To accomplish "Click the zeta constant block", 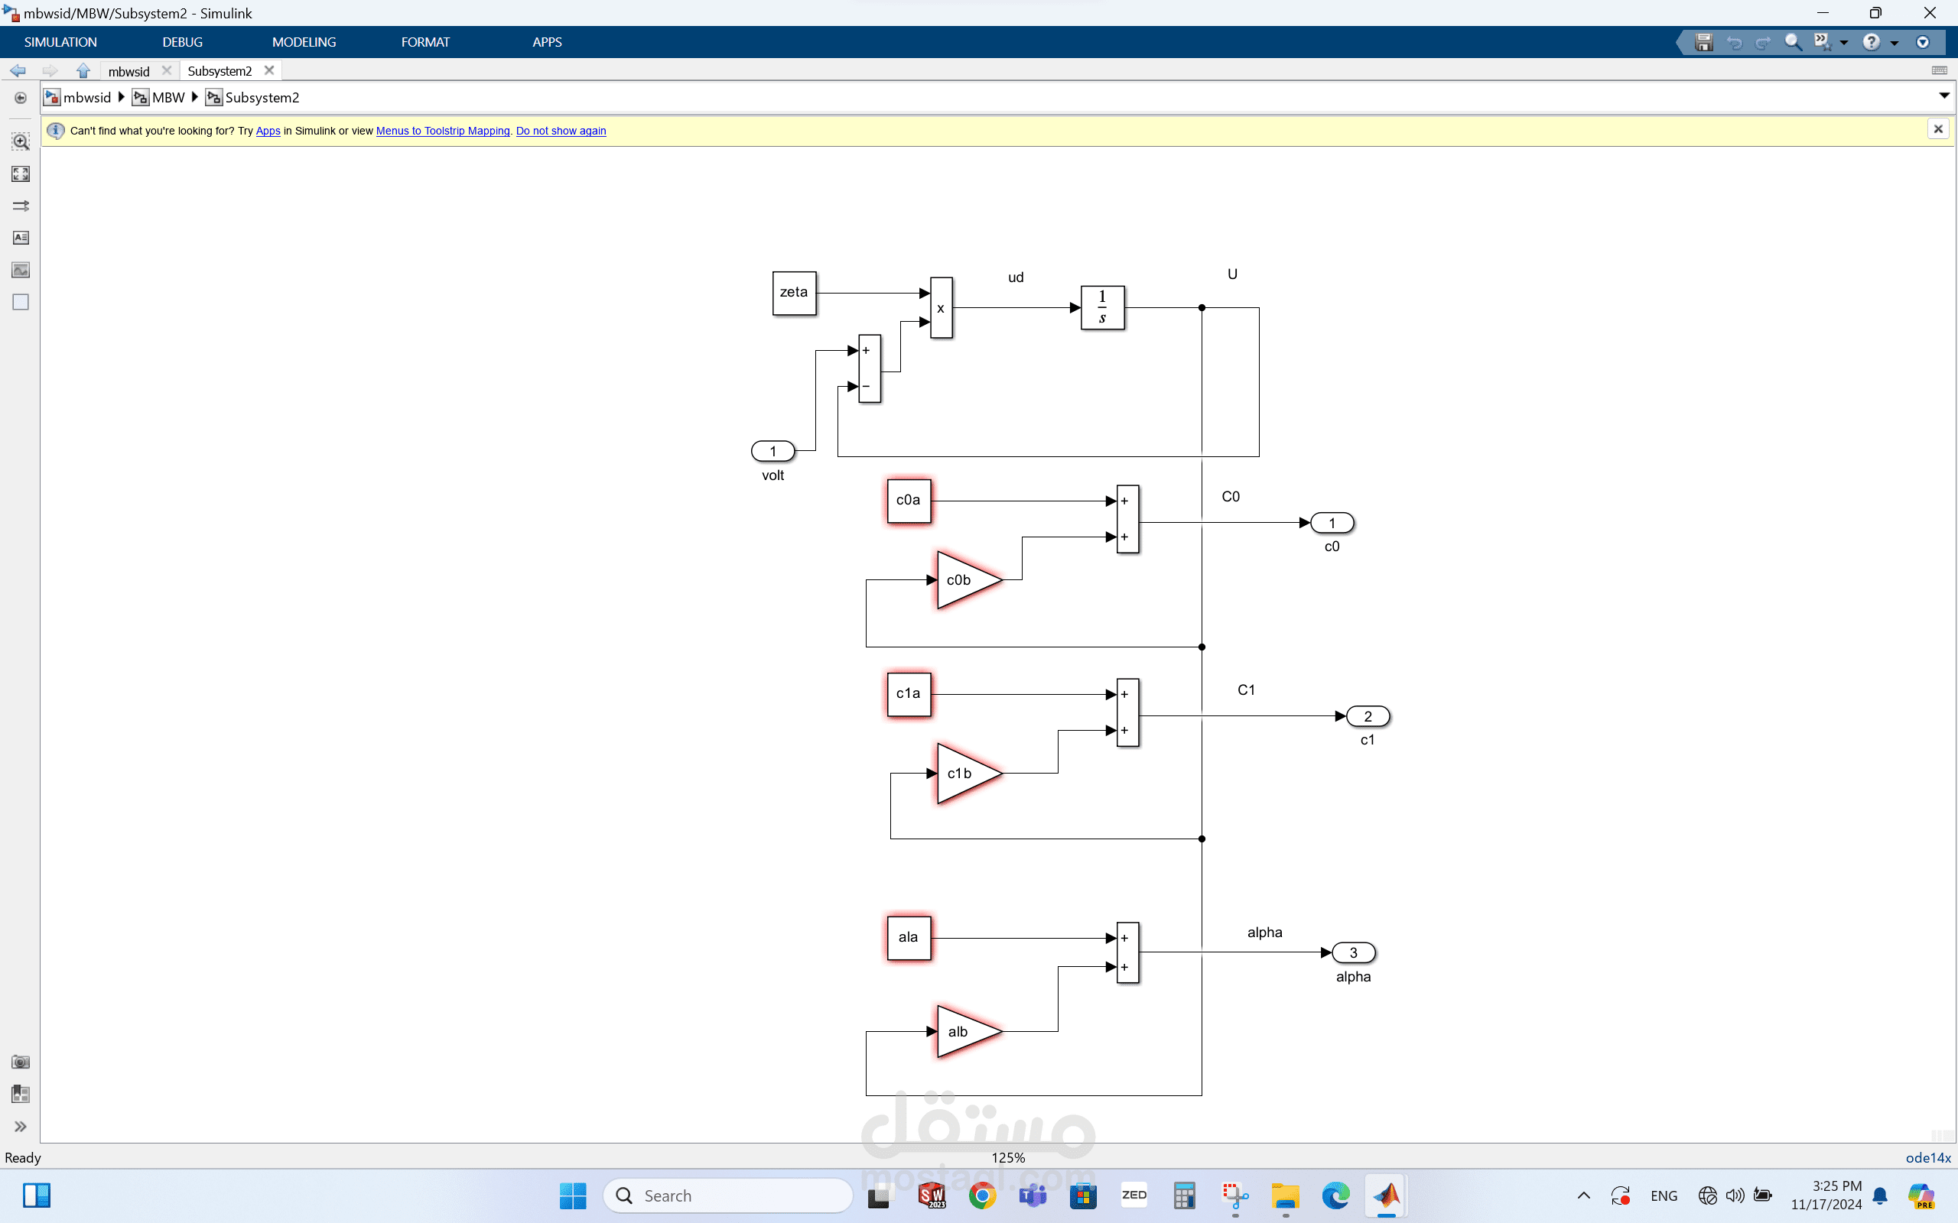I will (794, 293).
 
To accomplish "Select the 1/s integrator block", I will (1102, 307).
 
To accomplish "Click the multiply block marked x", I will (941, 307).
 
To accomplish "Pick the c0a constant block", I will (908, 501).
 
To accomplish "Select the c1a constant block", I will (908, 694).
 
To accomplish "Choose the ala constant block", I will (908, 937).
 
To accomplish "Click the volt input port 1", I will (772, 451).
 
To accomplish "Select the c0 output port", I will (1332, 524).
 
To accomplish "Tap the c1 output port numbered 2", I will (1368, 717).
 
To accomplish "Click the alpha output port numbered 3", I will (1353, 953).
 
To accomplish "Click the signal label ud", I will (1016, 277).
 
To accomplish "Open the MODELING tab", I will (304, 42).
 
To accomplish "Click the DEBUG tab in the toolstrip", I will (182, 42).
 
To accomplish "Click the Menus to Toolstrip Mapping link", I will (443, 131).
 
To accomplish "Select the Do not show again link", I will (561, 131).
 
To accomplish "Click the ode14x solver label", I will (1927, 1157).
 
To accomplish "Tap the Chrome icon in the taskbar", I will (982, 1195).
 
